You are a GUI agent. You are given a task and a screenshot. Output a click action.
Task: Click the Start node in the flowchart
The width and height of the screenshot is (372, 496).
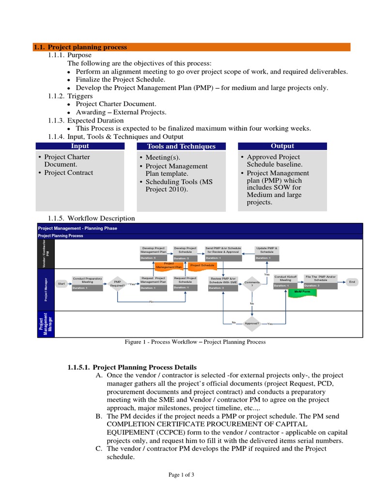pos(62,283)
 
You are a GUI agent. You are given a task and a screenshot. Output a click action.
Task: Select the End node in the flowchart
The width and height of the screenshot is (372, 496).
pos(352,281)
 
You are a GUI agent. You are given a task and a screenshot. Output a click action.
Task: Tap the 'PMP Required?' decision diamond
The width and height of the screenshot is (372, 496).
pos(118,284)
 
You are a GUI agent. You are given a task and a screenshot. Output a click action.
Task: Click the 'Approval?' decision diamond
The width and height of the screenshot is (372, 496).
pos(251,323)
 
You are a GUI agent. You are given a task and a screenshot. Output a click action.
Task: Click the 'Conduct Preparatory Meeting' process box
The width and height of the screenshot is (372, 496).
pos(87,283)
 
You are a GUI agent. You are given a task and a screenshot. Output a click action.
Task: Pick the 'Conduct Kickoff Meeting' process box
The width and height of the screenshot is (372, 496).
pos(285,280)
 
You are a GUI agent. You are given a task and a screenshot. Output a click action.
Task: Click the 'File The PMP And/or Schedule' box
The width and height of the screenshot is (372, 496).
pos(320,280)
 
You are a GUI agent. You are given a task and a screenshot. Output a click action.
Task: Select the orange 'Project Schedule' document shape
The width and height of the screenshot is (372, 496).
pos(202,265)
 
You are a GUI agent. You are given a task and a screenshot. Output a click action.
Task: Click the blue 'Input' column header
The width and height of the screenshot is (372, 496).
pos(80,146)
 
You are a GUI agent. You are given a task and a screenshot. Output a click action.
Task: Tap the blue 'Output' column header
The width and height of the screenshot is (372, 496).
pos(282,146)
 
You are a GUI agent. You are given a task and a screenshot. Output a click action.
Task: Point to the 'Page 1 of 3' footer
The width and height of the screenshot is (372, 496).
pos(181,475)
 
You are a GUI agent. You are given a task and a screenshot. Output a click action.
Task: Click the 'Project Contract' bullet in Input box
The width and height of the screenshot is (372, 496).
pos(68,173)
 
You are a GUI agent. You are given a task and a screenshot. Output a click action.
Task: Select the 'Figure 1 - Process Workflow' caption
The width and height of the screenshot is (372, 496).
pos(195,342)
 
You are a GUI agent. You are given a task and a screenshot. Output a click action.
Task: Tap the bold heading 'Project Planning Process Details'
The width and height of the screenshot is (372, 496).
pos(132,367)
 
